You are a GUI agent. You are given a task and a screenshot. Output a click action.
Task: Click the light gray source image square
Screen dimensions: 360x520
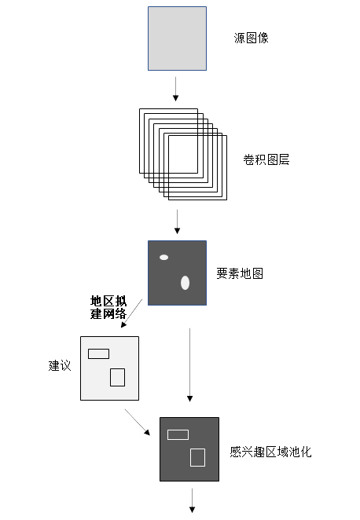[x=177, y=38]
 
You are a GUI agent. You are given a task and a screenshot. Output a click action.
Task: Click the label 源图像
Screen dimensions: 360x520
[x=252, y=38]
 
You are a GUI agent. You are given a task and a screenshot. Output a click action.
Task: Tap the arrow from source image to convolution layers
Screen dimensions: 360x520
[x=175, y=89]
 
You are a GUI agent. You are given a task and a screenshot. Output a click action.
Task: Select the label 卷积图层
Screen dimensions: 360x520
[x=266, y=159]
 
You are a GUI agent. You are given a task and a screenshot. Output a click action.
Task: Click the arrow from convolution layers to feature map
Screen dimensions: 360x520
[x=177, y=222]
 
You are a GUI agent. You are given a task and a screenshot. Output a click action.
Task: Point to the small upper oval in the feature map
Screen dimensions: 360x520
[x=164, y=257]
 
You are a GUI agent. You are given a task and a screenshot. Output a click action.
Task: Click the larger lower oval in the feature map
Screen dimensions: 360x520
[x=186, y=283]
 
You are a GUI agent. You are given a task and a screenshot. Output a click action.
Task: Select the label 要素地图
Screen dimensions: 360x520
[x=240, y=273]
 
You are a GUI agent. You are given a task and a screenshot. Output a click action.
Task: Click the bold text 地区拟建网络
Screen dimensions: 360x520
[x=108, y=307]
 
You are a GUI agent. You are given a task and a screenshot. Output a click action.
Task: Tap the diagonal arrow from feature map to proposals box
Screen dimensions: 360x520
[x=132, y=313]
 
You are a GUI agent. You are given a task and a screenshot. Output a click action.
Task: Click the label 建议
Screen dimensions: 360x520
[x=60, y=365]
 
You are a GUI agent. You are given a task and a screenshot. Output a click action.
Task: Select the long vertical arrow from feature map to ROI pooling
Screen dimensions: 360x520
[x=189, y=364]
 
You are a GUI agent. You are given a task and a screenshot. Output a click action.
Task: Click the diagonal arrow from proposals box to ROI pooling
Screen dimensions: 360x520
[x=138, y=422]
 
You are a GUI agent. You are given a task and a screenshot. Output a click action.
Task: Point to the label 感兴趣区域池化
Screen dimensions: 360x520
[x=270, y=452]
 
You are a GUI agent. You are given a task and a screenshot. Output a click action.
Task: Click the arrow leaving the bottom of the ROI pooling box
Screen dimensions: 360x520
[x=192, y=500]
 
